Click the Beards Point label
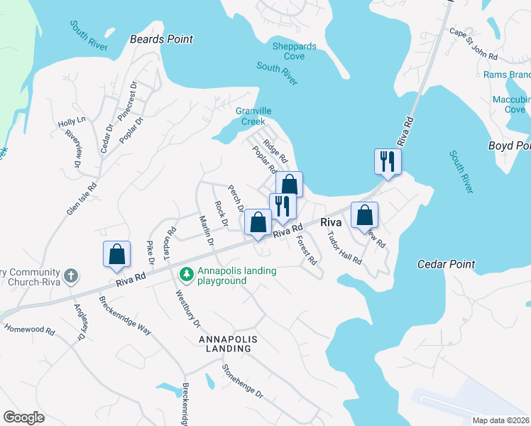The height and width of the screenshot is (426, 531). [x=161, y=39]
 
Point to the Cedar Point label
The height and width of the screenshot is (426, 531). [x=446, y=265]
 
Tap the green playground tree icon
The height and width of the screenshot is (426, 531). [x=187, y=273]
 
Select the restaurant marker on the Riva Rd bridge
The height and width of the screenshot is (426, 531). [x=388, y=161]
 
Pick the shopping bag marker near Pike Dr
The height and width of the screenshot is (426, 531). [x=116, y=254]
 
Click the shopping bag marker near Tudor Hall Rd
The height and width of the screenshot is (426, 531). [x=364, y=215]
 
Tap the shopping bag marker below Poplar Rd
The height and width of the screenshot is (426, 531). [x=289, y=185]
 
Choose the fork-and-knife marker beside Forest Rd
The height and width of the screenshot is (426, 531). [x=283, y=206]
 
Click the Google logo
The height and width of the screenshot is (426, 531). [x=23, y=417]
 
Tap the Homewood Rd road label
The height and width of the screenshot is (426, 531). [x=29, y=330]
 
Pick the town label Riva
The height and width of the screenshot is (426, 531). [x=332, y=222]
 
